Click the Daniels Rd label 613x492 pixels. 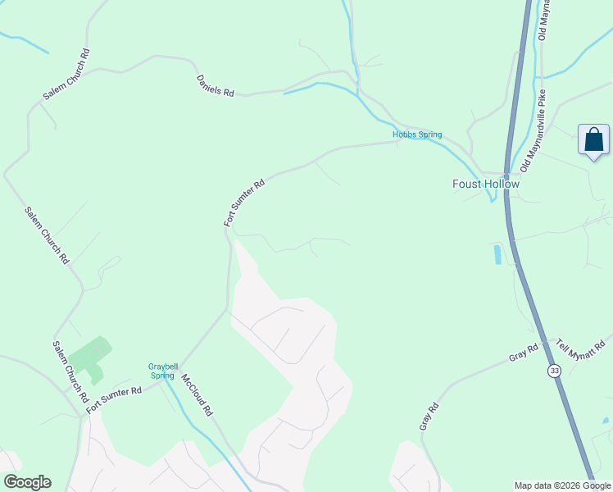[215, 86]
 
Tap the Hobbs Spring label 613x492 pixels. [417, 134]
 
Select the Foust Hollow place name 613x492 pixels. [486, 184]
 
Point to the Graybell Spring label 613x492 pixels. [162, 371]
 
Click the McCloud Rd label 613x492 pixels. [198, 395]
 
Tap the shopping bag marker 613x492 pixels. [593, 140]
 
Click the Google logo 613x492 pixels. [27, 482]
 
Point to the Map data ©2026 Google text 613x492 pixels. [561, 485]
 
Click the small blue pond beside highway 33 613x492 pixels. [497, 254]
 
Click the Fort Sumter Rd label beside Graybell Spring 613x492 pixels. [115, 393]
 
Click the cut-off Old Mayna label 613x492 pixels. [543, 20]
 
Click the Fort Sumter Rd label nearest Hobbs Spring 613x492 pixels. [245, 203]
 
